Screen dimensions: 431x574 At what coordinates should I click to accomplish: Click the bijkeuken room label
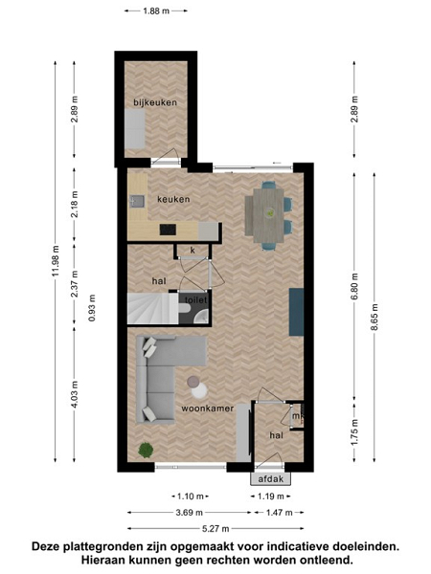pyautogui.click(x=155, y=102)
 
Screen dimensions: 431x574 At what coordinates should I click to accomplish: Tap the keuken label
pyautogui.click(x=173, y=199)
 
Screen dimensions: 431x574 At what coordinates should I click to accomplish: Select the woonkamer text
pyautogui.click(x=208, y=408)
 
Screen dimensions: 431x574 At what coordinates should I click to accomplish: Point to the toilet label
pyautogui.click(x=196, y=299)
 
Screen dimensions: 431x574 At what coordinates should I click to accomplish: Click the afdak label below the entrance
pyautogui.click(x=271, y=479)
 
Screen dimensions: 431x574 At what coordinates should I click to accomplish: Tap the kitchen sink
pyautogui.click(x=137, y=201)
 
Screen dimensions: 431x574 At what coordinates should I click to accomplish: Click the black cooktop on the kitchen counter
pyautogui.click(x=168, y=230)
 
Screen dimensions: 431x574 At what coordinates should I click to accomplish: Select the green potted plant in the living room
pyautogui.click(x=146, y=450)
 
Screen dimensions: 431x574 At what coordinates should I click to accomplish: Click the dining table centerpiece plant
pyautogui.click(x=270, y=212)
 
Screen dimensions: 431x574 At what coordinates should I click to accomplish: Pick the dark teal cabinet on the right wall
pyautogui.click(x=296, y=312)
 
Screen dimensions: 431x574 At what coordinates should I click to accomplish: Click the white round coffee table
pyautogui.click(x=199, y=390)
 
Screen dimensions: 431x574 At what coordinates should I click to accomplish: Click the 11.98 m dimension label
pyautogui.click(x=56, y=262)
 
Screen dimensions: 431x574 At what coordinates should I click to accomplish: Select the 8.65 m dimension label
pyautogui.click(x=374, y=318)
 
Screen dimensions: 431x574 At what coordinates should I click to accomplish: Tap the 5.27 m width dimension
pyautogui.click(x=215, y=529)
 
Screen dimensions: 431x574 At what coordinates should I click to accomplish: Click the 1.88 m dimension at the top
pyautogui.click(x=156, y=11)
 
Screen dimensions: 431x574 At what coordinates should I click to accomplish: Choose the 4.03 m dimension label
pyautogui.click(x=75, y=394)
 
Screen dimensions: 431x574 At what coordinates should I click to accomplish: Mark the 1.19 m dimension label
pyautogui.click(x=271, y=497)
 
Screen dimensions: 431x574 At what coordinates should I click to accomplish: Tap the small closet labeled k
pyautogui.click(x=193, y=251)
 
